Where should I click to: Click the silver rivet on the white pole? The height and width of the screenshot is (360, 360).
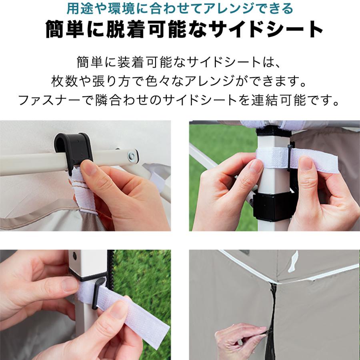point(131,155)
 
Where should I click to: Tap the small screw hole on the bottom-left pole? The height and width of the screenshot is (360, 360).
point(74,255)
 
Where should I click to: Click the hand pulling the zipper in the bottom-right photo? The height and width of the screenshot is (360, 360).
point(240,336)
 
